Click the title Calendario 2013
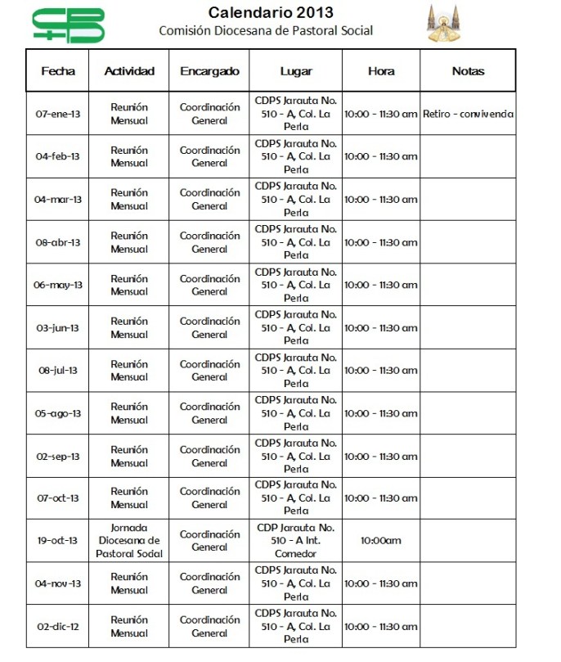pyautogui.click(x=271, y=12)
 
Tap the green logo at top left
pyautogui.click(x=69, y=25)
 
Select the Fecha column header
pyautogui.click(x=58, y=71)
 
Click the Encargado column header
pyautogui.click(x=209, y=71)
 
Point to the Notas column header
pyautogui.click(x=468, y=71)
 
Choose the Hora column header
pyautogui.click(x=381, y=71)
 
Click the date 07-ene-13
pyautogui.click(x=58, y=114)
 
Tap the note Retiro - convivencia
pyautogui.click(x=468, y=114)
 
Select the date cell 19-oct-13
pyautogui.click(x=58, y=541)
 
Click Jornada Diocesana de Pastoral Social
pyautogui.click(x=129, y=541)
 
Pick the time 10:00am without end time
pyautogui.click(x=381, y=541)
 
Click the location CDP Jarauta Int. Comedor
pyautogui.click(x=296, y=541)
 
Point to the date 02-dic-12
pyautogui.click(x=58, y=626)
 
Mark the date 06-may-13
pyautogui.click(x=58, y=285)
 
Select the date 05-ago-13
pyautogui.click(x=58, y=413)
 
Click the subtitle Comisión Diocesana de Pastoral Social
pyautogui.click(x=266, y=31)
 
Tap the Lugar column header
pyautogui.click(x=296, y=71)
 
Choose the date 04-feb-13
pyautogui.click(x=58, y=156)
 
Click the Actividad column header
pyautogui.click(x=129, y=71)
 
